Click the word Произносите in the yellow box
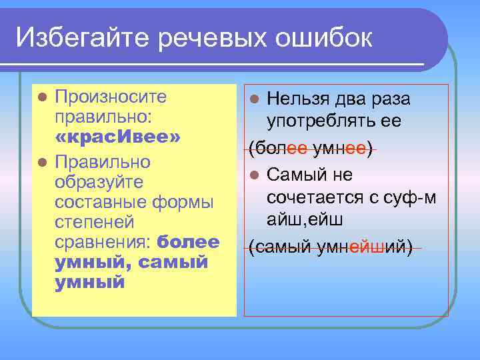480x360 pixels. [110, 97]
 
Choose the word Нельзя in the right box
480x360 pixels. [297, 99]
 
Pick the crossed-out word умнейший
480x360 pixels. [365, 248]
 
